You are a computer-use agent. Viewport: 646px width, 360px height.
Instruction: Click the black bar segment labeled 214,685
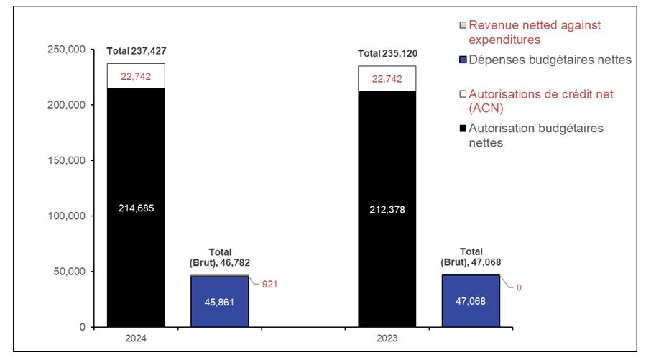[136, 208]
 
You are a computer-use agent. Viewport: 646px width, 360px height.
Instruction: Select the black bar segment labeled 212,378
[387, 208]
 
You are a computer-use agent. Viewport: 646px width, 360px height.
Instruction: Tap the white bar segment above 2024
[136, 76]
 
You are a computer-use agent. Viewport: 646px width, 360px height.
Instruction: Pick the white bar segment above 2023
[387, 78]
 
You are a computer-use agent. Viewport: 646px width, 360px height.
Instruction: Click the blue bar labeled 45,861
[220, 302]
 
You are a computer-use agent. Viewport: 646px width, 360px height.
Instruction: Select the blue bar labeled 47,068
[470, 301]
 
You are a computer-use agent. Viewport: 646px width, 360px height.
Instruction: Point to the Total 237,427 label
[136, 51]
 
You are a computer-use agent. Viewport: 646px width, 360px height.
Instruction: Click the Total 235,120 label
[387, 54]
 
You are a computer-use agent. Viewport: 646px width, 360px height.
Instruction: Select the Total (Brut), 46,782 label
[220, 258]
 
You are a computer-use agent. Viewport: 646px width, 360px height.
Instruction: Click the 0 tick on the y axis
[82, 327]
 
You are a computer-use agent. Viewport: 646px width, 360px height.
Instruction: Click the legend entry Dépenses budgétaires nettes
[549, 60]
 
